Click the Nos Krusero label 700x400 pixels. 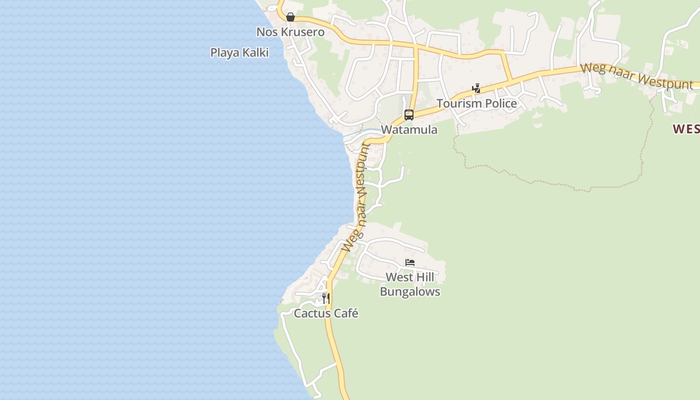[290, 32]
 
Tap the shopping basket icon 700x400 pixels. [290, 17]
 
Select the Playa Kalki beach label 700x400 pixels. [239, 52]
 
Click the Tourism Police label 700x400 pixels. [476, 103]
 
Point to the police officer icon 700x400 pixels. [476, 88]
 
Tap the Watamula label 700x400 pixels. [409, 130]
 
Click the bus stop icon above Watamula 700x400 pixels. [409, 115]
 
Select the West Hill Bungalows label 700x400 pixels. [410, 284]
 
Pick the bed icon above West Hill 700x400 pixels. [410, 262]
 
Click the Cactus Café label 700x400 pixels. [326, 313]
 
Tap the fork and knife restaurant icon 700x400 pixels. [325, 298]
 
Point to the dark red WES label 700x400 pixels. [686, 129]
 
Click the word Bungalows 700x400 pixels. [410, 292]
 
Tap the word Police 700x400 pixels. [497, 103]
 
